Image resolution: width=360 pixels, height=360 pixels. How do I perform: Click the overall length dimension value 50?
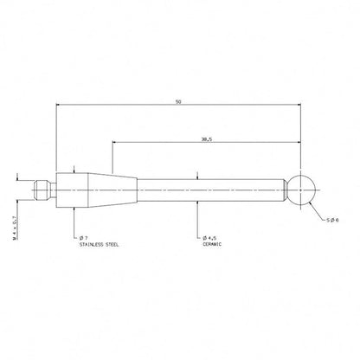[x=178, y=102]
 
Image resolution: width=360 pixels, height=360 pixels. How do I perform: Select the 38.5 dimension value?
[x=207, y=139]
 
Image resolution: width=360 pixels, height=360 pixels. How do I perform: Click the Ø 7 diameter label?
[x=84, y=238]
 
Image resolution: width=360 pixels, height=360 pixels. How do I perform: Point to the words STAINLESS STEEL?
[x=99, y=245]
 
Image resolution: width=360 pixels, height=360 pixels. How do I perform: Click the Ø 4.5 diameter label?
[x=209, y=238]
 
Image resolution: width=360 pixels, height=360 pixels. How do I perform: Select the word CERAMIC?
[x=212, y=244]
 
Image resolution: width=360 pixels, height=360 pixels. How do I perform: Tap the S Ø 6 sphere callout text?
[x=332, y=220]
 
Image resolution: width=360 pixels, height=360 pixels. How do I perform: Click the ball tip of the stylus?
[x=300, y=190]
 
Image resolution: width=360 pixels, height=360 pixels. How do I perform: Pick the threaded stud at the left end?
[x=42, y=190]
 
